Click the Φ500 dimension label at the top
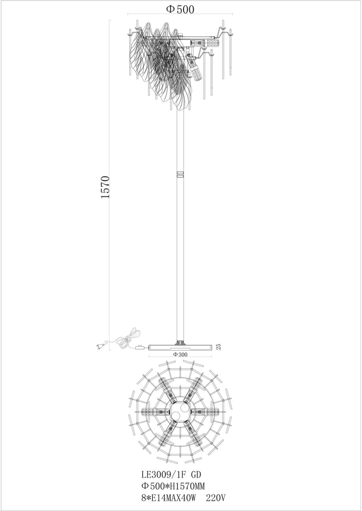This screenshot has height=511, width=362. coord(180,9)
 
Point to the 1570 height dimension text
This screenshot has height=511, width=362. coord(106,187)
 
